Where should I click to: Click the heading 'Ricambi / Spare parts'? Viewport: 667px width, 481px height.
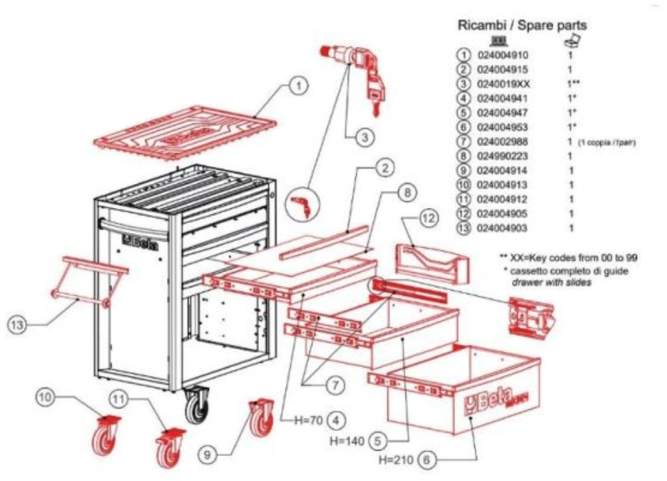coord(521,26)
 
